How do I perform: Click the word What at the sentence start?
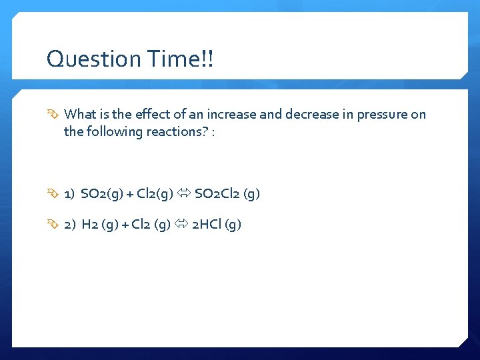83,114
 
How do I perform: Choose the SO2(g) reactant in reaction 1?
102,194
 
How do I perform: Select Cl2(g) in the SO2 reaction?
153,194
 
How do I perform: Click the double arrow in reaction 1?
185,194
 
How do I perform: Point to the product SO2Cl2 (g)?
227,194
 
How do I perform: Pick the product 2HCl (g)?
217,225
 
